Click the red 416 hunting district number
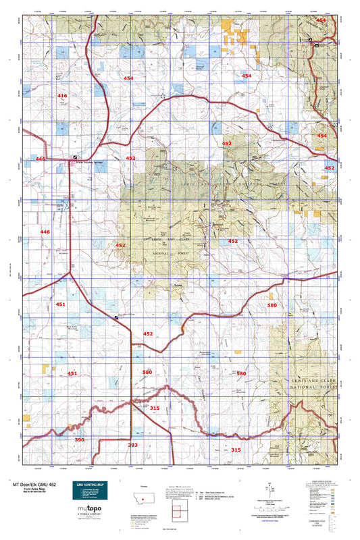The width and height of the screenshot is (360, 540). (62, 97)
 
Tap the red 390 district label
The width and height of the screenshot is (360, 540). (80, 439)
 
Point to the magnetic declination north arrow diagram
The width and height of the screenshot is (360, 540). (270, 490)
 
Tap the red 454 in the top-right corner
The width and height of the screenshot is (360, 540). (321, 21)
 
